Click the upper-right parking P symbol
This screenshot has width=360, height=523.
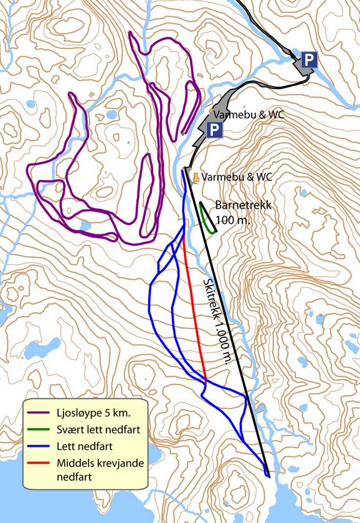309,60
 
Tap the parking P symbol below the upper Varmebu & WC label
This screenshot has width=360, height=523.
214,130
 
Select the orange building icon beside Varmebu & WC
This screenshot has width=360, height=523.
195,178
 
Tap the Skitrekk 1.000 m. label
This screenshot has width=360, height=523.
216,321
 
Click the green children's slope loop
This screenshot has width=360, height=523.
208,219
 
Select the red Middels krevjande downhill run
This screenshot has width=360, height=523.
196,312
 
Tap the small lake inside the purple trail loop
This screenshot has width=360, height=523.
111,115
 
